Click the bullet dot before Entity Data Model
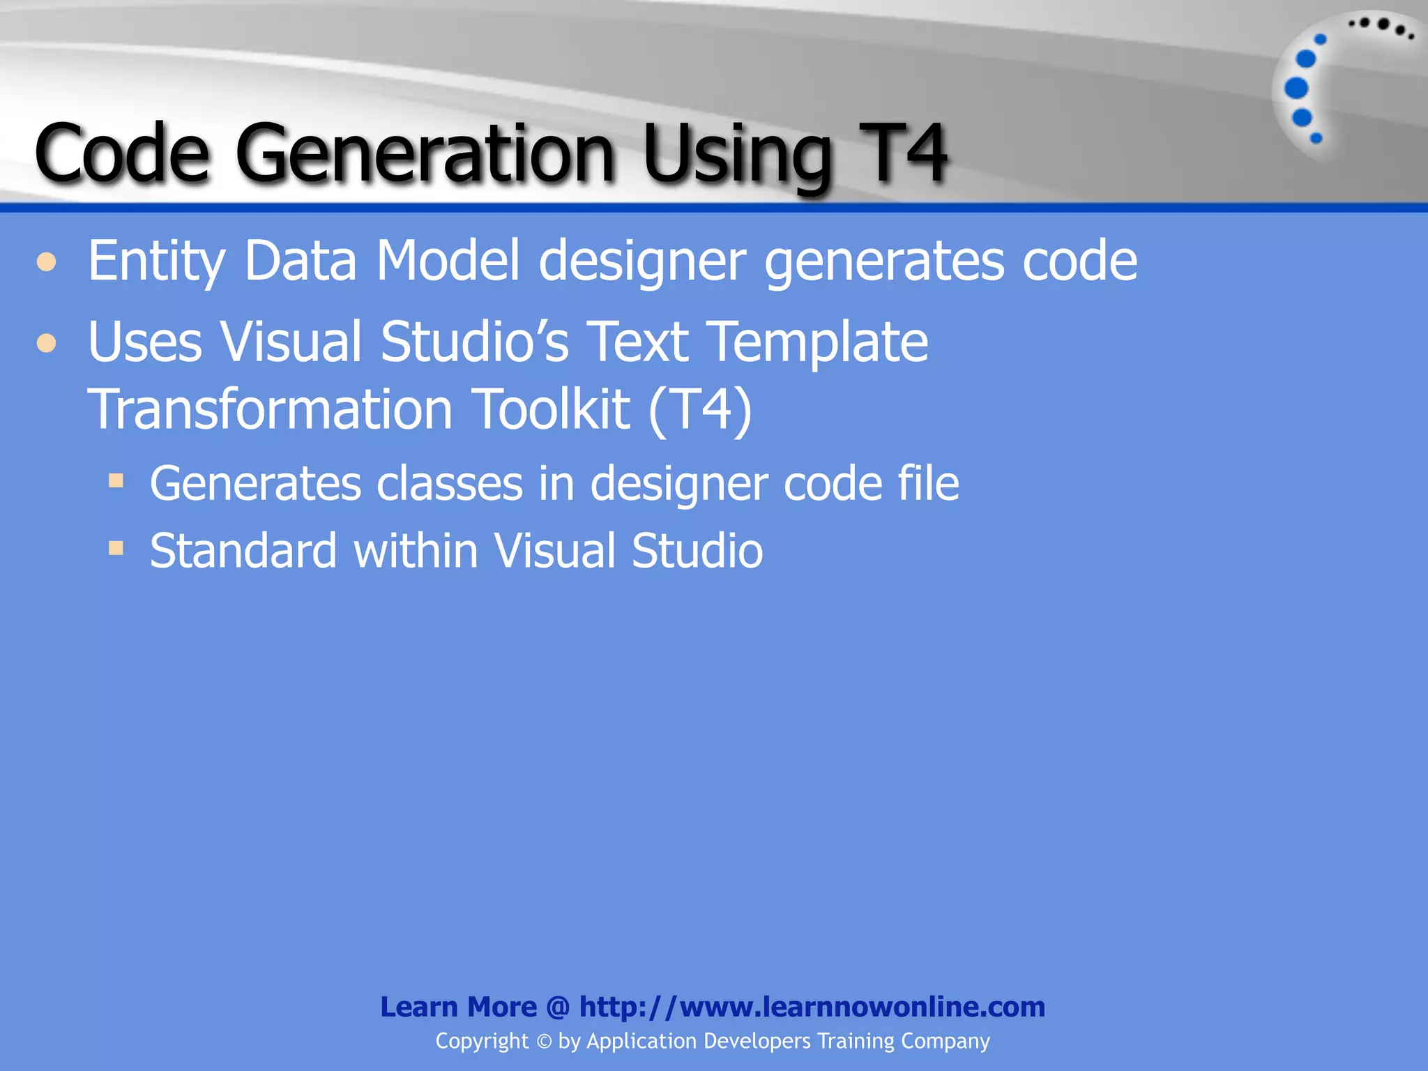pyautogui.click(x=47, y=262)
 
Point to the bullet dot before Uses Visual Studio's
pyautogui.click(x=47, y=343)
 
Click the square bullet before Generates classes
pyautogui.click(x=116, y=480)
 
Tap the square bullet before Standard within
pyautogui.click(x=116, y=548)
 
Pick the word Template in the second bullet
pyautogui.click(x=820, y=342)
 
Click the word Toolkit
pyautogui.click(x=551, y=409)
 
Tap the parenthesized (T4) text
pyautogui.click(x=700, y=409)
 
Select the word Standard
pyautogui.click(x=243, y=551)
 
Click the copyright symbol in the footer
pyautogui.click(x=544, y=1042)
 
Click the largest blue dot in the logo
pyautogui.click(x=1296, y=89)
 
